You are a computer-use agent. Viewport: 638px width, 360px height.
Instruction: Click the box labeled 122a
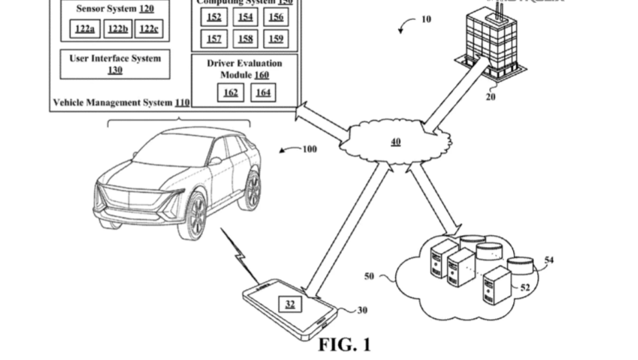85,29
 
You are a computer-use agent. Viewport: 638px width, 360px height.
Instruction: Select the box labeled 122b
118,29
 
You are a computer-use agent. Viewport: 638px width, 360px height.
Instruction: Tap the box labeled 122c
149,29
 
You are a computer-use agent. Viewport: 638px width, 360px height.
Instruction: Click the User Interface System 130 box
115,63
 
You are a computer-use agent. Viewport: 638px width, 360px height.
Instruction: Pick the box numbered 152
214,17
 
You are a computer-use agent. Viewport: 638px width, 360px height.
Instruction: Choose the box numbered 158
246,39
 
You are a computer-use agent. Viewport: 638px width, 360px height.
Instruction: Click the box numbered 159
276,39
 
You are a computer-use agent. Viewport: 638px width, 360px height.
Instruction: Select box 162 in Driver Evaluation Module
230,93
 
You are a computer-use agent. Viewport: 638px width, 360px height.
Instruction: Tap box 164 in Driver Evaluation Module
263,93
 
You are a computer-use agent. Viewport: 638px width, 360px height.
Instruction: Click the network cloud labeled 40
395,141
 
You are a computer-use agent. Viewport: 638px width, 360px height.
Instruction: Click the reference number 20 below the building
491,96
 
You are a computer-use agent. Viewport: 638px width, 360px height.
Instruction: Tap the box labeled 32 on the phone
290,305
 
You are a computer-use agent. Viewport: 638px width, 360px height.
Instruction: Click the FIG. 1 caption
343,345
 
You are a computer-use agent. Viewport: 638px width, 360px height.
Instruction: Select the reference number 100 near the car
309,149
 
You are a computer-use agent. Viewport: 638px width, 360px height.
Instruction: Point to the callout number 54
549,260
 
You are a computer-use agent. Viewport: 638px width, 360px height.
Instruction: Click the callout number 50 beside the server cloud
369,275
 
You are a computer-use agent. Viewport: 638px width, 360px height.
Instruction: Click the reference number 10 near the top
426,19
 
